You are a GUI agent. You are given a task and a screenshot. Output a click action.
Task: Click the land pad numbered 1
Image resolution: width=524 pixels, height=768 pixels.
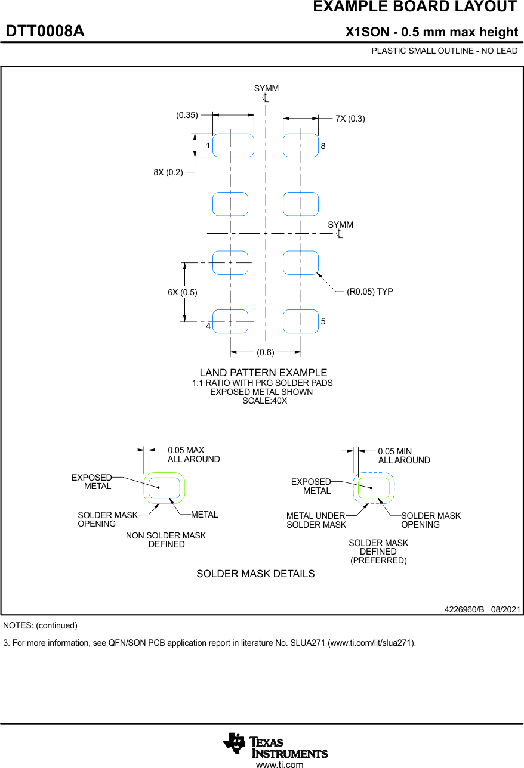pyautogui.click(x=233, y=145)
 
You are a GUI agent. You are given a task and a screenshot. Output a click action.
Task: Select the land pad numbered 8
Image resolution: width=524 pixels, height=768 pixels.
pyautogui.click(x=300, y=145)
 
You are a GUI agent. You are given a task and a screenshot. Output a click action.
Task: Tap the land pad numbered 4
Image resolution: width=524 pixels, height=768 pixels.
pyautogui.click(x=230, y=321)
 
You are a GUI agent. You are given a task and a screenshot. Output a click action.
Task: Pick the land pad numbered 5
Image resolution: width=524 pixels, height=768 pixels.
pyautogui.click(x=300, y=321)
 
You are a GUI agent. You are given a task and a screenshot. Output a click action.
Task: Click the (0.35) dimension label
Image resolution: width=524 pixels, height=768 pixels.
pyautogui.click(x=187, y=116)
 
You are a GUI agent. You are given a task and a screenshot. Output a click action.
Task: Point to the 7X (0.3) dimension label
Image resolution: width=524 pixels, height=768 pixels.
pyautogui.click(x=350, y=119)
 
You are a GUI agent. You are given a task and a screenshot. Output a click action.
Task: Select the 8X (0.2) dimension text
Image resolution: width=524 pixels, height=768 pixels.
pyautogui.click(x=168, y=172)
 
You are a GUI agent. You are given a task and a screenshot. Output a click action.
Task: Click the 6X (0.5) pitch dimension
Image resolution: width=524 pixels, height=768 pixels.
pyautogui.click(x=182, y=292)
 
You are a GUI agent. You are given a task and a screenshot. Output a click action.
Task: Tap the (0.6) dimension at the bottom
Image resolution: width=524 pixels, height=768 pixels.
pyautogui.click(x=266, y=352)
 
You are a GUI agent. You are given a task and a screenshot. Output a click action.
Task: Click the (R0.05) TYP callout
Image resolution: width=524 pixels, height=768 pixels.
pyautogui.click(x=370, y=292)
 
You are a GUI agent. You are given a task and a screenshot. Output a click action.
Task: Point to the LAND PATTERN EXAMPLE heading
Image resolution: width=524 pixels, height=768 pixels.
pyautogui.click(x=263, y=373)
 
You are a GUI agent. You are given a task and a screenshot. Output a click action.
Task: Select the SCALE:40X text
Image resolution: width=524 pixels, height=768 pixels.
pyautogui.click(x=264, y=401)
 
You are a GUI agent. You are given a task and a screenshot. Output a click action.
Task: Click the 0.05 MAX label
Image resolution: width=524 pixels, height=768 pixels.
pyautogui.click(x=186, y=450)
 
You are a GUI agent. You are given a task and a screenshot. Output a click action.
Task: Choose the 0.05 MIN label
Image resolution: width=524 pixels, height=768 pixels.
pyautogui.click(x=395, y=451)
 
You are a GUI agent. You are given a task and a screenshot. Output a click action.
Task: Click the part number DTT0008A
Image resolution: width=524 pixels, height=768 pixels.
pyautogui.click(x=45, y=32)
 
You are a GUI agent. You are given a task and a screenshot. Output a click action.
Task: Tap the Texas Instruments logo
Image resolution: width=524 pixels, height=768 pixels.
pyautogui.click(x=276, y=745)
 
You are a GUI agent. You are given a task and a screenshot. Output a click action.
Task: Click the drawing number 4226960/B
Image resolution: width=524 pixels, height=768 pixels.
pyautogui.click(x=464, y=609)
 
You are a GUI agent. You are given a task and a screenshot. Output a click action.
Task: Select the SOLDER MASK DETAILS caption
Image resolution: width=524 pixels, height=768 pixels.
pyautogui.click(x=255, y=574)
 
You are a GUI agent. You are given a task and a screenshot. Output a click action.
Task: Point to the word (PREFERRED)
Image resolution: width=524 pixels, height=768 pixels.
pyautogui.click(x=378, y=560)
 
